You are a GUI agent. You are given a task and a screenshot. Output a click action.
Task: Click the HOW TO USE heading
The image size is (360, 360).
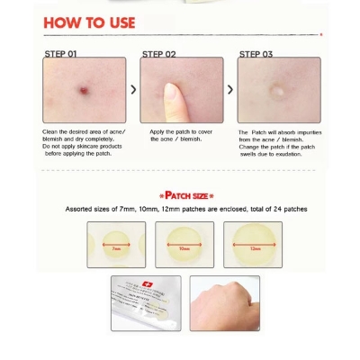pos(89,22)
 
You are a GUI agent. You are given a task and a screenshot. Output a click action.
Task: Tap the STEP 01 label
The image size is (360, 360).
pos(60,54)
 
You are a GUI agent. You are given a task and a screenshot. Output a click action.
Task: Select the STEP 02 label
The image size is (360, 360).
pos(158,54)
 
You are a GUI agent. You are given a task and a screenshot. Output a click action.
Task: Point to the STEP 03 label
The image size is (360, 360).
pos(255,54)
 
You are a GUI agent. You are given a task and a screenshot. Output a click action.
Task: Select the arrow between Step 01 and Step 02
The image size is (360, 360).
pos(133,90)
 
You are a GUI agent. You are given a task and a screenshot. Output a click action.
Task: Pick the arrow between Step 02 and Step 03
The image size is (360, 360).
pos(230,90)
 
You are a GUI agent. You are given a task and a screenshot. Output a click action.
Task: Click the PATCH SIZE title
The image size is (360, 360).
pos(186,194)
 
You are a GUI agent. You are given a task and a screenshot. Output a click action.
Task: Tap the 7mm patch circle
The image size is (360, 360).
pos(116,246)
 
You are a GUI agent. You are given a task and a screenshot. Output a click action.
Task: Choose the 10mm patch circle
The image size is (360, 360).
pos(184,246)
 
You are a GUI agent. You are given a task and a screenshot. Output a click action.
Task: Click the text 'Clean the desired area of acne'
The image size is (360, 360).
pos(83,132)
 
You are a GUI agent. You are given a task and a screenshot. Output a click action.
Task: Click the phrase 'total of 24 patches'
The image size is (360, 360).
pos(275,209)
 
